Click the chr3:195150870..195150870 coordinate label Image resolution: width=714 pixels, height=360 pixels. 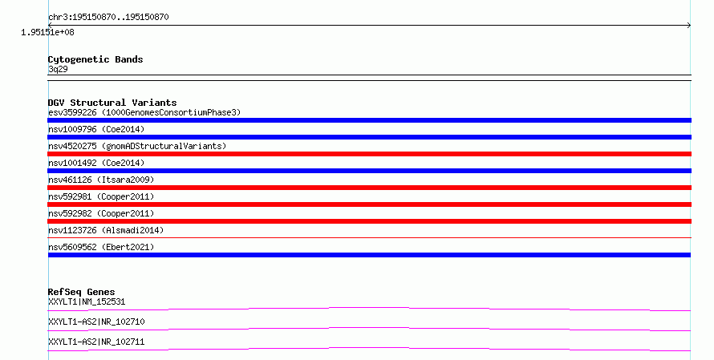coord(108,18)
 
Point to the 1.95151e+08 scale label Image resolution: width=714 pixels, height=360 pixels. coord(47,32)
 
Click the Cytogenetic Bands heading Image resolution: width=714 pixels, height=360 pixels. coord(95,59)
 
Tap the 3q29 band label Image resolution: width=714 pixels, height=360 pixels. coord(58,69)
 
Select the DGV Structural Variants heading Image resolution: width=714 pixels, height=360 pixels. coord(112,103)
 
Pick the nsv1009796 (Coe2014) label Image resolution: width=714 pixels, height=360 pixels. coord(96,129)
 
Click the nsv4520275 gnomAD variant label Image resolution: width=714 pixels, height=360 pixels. coord(137,146)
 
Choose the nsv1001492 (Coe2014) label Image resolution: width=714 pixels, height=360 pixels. coord(96,163)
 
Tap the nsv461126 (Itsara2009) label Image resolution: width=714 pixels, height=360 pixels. coord(101,180)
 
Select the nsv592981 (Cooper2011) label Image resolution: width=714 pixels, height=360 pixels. coord(101,196)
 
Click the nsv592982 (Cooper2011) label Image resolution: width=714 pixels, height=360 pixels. coord(101,213)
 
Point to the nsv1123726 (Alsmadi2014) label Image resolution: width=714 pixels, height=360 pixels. coord(106,230)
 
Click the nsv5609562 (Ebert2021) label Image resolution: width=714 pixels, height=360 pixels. coord(101,247)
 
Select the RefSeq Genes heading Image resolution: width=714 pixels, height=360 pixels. coord(81,292)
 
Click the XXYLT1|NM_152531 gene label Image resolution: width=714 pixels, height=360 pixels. coord(87,301)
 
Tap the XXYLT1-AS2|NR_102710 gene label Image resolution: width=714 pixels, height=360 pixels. coord(96,322)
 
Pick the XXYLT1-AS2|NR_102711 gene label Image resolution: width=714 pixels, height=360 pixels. coord(96,342)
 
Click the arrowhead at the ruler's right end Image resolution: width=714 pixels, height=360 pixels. coord(690,26)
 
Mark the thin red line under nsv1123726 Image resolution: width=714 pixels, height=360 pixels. coord(369,237)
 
